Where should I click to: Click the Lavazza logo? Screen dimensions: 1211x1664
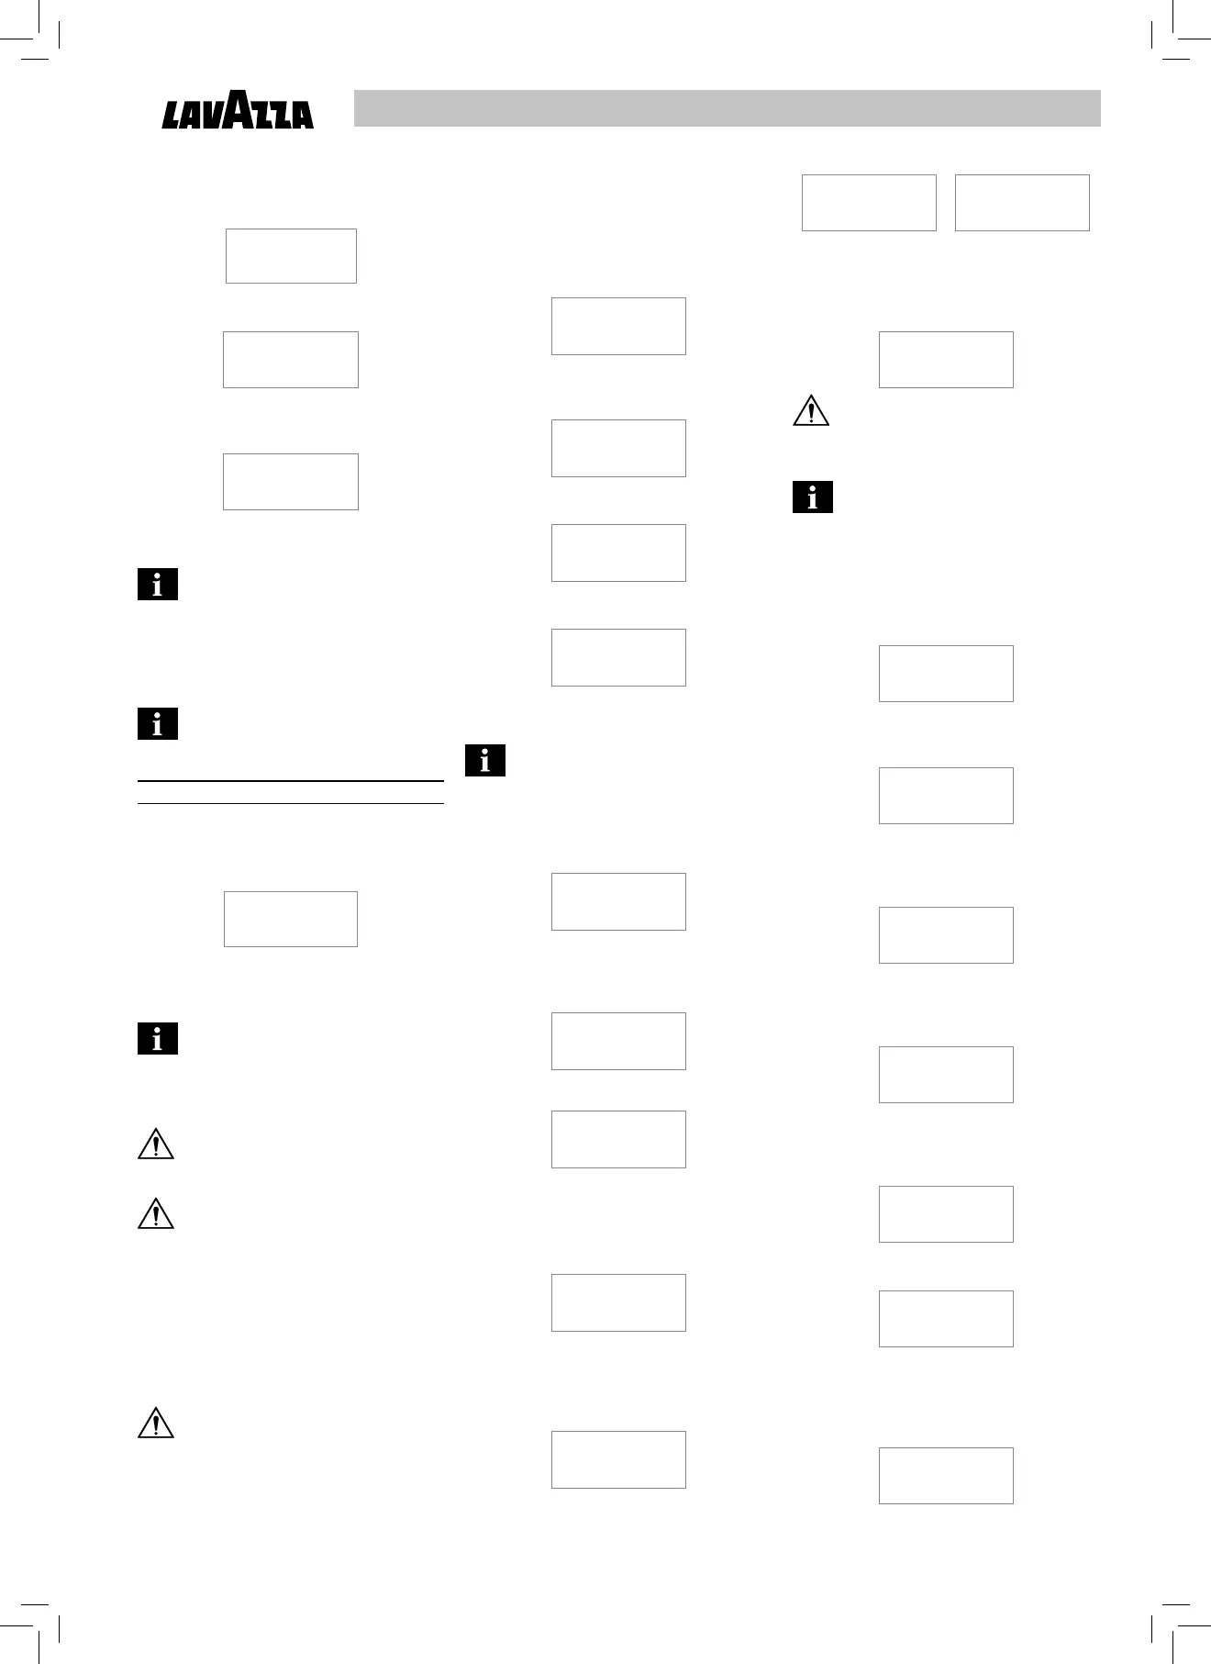coord(238,110)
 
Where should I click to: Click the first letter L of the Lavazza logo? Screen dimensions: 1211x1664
coord(172,116)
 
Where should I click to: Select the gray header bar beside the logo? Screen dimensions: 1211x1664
coord(727,108)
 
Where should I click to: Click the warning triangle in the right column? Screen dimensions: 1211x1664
coord(811,410)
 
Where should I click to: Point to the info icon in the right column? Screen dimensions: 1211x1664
coord(812,497)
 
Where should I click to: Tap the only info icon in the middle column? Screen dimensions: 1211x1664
coord(485,760)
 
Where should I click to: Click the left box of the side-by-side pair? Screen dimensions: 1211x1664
coord(869,203)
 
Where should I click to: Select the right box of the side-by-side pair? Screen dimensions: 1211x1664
coord(1022,203)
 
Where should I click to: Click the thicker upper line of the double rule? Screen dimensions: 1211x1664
coord(290,781)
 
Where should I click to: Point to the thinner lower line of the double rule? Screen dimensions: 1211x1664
coord(290,804)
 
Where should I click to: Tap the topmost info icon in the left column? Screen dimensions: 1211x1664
coord(158,585)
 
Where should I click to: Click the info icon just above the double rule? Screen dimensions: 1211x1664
coord(158,724)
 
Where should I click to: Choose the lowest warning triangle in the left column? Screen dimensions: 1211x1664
coord(156,1423)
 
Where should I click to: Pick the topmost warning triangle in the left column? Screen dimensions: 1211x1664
coord(156,1145)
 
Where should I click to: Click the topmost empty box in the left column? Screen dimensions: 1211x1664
coord(291,256)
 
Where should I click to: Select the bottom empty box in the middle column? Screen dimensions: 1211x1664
coord(618,1459)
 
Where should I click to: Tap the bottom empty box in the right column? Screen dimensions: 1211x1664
coord(946,1476)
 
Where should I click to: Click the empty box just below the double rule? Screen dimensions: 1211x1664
coord(291,919)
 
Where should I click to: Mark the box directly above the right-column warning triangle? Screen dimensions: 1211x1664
coord(946,360)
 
